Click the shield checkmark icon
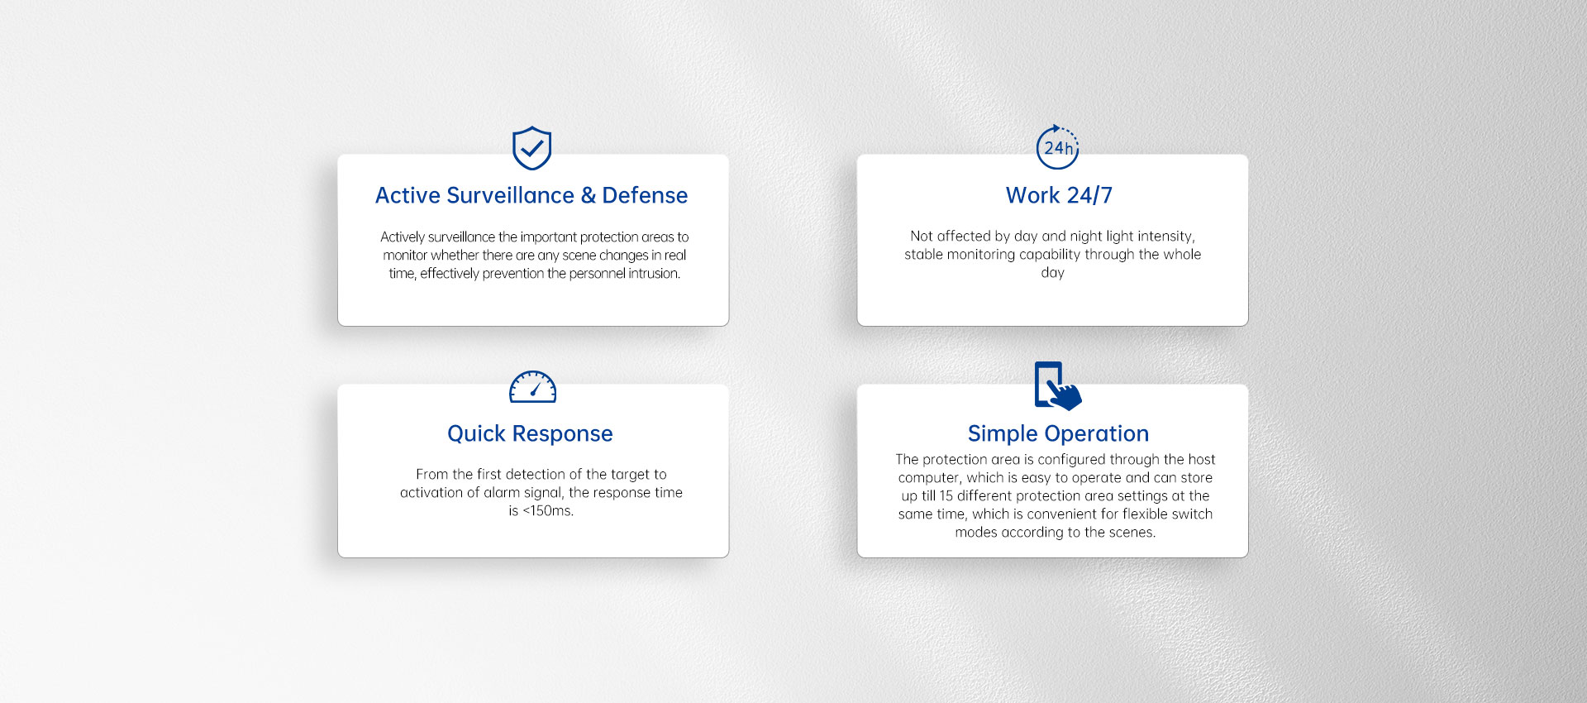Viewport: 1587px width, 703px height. (x=531, y=148)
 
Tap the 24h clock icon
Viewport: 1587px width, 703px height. (x=1058, y=147)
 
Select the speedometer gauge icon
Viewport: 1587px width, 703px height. (x=532, y=387)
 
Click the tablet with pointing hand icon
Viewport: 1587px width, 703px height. (x=1057, y=385)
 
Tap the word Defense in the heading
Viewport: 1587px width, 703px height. (x=645, y=195)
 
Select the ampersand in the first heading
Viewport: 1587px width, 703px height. (x=589, y=195)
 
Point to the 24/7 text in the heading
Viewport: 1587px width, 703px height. (x=1089, y=195)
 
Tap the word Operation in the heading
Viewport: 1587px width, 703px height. (x=1097, y=434)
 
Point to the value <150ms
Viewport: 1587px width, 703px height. (x=548, y=511)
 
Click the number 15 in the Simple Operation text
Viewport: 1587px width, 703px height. (x=946, y=496)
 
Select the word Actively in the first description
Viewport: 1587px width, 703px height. (x=402, y=237)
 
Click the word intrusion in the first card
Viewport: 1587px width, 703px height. (x=653, y=274)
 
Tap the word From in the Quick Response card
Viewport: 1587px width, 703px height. (x=431, y=475)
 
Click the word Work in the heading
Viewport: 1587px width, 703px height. (x=1032, y=195)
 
